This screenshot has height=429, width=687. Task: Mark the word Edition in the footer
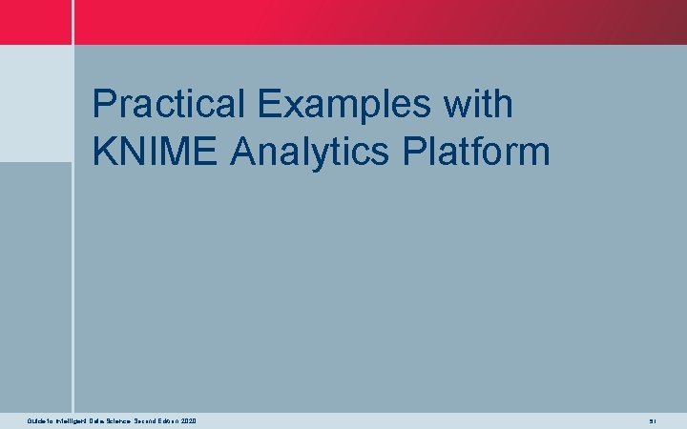tap(169, 420)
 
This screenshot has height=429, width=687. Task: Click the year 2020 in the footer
tap(190, 420)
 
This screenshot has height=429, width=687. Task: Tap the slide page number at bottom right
tap(653, 420)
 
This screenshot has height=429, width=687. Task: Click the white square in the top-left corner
tap(35, 22)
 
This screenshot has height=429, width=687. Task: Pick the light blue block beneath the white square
tap(35, 103)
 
